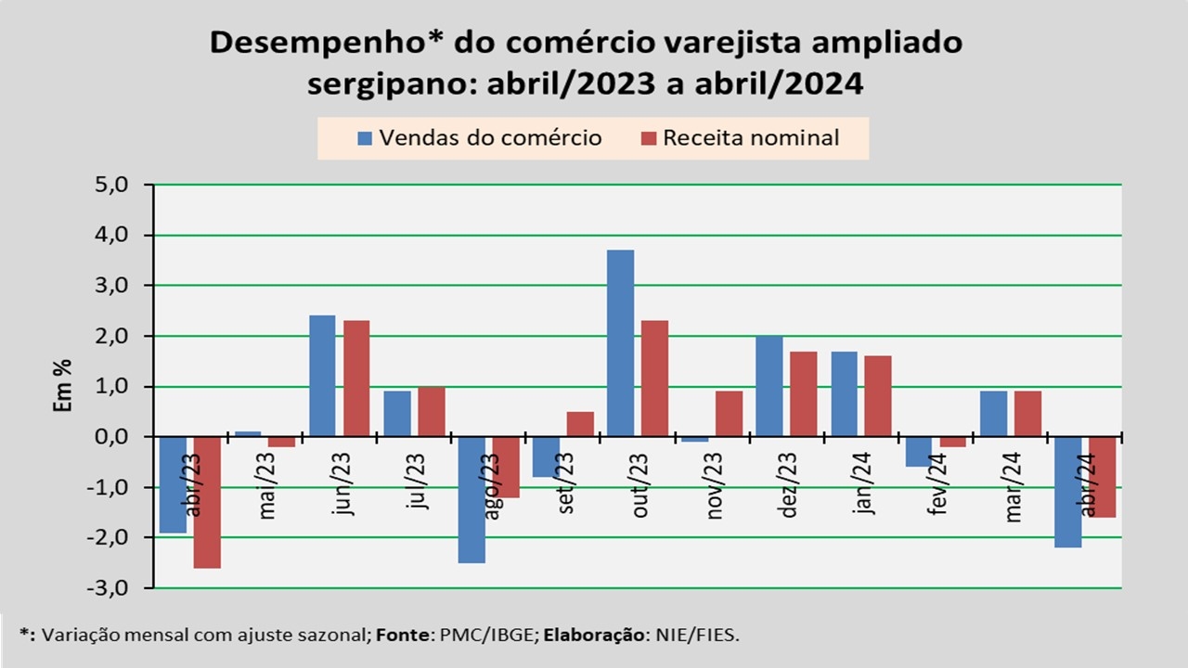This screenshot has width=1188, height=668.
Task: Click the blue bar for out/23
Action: (x=621, y=343)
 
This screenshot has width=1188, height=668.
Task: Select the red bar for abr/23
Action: (x=207, y=502)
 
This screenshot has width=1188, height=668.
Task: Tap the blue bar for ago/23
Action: (x=471, y=499)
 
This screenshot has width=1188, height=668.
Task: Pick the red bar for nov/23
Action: (x=730, y=414)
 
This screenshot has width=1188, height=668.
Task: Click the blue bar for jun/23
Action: (x=322, y=376)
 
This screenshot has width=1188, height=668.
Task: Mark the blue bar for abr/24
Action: (x=1067, y=492)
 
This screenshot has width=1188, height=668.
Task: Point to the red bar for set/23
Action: (x=580, y=424)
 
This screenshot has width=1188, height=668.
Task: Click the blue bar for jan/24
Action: (x=844, y=393)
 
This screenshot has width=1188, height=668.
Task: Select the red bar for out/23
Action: (x=654, y=379)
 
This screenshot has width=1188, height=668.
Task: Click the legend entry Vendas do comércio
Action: (x=480, y=138)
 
